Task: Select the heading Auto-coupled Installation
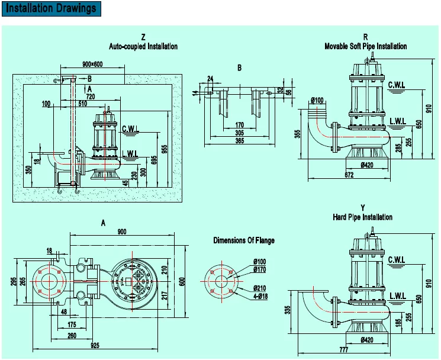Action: pos(143,46)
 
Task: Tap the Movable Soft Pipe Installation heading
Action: pos(365,46)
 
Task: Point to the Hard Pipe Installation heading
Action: pos(365,217)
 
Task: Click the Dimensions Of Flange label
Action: pos(244,240)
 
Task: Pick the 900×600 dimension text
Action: pos(93,64)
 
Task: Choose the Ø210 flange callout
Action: pos(258,288)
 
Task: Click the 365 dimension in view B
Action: pos(239,142)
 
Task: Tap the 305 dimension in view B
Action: pos(239,133)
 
